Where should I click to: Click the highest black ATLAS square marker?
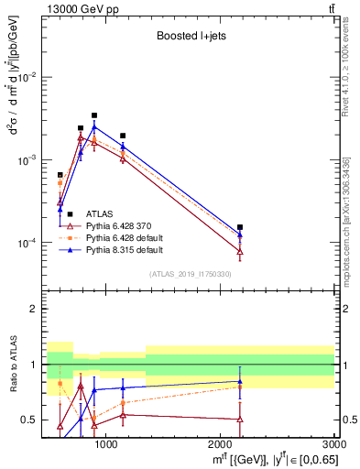94,115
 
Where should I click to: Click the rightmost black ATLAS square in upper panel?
240,227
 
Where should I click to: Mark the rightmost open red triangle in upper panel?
240,251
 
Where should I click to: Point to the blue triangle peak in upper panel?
94,126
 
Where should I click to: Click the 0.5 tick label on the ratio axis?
32,420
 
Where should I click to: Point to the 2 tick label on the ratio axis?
36,310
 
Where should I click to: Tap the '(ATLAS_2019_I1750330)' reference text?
189,274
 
